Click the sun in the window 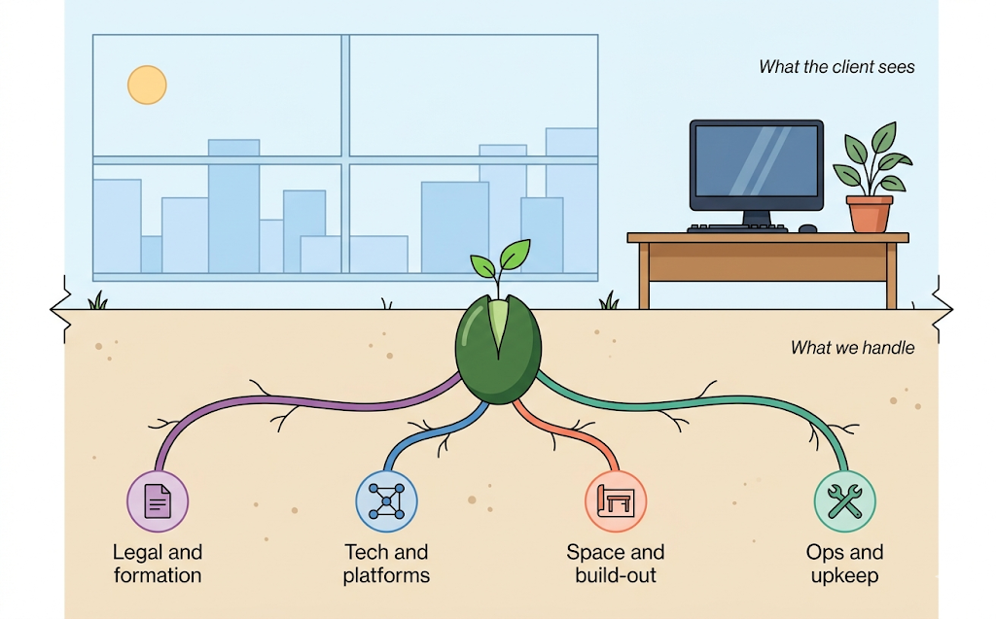pyautogui.click(x=147, y=85)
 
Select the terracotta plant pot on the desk pyautogui.click(x=869, y=214)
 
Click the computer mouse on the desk pyautogui.click(x=807, y=228)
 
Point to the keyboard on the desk pyautogui.click(x=737, y=228)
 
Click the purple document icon pyautogui.click(x=158, y=501)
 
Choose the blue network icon pyautogui.click(x=386, y=501)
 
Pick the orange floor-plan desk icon pyautogui.click(x=616, y=501)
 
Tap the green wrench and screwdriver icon pyautogui.click(x=844, y=501)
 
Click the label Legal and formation pyautogui.click(x=158, y=564)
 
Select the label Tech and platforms pyautogui.click(x=386, y=564)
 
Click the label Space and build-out pyautogui.click(x=616, y=564)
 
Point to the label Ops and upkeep pyautogui.click(x=844, y=564)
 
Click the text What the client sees pyautogui.click(x=836, y=68)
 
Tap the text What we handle pyautogui.click(x=852, y=347)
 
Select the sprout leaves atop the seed pyautogui.click(x=501, y=258)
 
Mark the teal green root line pyautogui.click(x=700, y=397)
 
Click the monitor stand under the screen pyautogui.click(x=756, y=218)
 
